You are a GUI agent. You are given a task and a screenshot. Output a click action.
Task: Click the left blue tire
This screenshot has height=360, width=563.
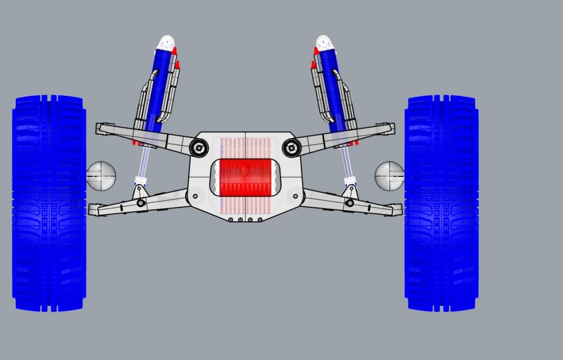(49, 203)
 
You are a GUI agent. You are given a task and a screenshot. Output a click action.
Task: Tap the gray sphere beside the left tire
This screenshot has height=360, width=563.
(102, 175)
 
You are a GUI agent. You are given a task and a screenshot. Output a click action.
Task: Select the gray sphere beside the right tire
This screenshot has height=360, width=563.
(389, 175)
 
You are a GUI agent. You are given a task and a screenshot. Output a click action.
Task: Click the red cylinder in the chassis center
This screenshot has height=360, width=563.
(245, 177)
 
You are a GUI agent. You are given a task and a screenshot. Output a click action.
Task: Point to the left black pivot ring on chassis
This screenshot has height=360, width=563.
(198, 148)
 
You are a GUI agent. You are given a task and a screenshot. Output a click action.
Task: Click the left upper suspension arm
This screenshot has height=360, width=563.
(141, 135)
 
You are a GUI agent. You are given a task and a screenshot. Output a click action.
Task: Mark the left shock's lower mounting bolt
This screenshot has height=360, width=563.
(140, 202)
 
